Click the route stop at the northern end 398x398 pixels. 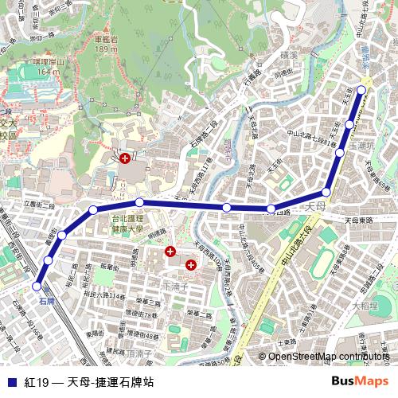click(x=362, y=89)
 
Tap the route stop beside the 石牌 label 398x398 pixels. click(x=37, y=286)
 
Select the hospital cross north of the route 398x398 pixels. click(x=125, y=159)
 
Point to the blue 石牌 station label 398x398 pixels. click(x=47, y=301)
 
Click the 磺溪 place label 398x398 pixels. click(x=289, y=57)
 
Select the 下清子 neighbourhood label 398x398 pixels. click(x=174, y=284)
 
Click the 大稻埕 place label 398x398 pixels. click(x=365, y=306)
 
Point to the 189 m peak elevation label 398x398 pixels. click(x=104, y=49)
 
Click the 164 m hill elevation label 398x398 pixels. click(x=48, y=72)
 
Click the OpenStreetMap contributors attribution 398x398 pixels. click(x=329, y=357)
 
